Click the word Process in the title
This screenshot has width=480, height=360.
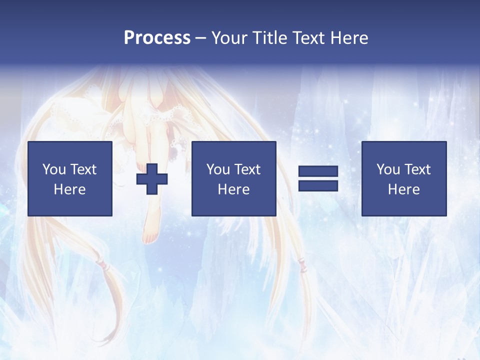pyautogui.click(x=157, y=37)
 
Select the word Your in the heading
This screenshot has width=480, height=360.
pyautogui.click(x=229, y=37)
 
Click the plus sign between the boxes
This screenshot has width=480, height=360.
pyautogui.click(x=152, y=179)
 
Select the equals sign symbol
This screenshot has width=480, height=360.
pyautogui.click(x=318, y=179)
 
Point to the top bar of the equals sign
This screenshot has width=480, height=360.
pyautogui.click(x=318, y=171)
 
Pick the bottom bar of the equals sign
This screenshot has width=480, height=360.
pyautogui.click(x=318, y=186)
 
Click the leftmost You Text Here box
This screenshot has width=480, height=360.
pyautogui.click(x=70, y=179)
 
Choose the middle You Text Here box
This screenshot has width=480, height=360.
pyautogui.click(x=234, y=179)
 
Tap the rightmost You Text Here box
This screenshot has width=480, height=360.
pyautogui.click(x=404, y=179)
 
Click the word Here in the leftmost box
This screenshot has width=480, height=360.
pyautogui.click(x=70, y=189)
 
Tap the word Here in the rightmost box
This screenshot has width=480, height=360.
pyautogui.click(x=404, y=189)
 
